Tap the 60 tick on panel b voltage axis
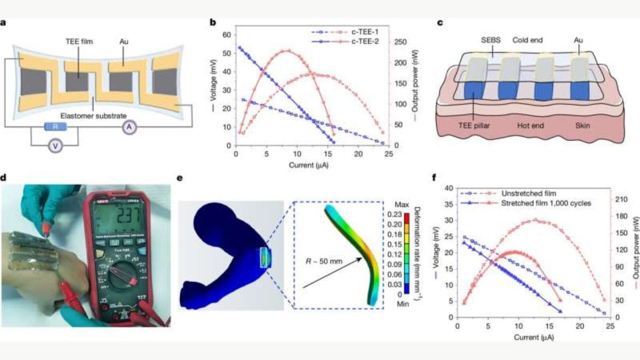pyautogui.click(x=226, y=35)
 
